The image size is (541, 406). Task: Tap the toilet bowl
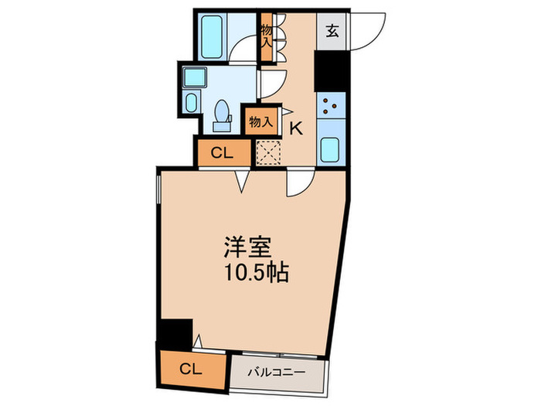[x=223, y=112]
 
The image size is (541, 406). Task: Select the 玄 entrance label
[x=333, y=32]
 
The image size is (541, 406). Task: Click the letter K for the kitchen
[x=295, y=129]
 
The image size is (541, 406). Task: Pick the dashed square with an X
[x=267, y=152]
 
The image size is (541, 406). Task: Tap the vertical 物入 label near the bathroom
[x=266, y=36]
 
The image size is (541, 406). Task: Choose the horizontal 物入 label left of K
[x=260, y=121]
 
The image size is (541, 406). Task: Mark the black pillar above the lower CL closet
[x=175, y=333]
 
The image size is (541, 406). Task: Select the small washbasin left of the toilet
[x=192, y=102]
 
